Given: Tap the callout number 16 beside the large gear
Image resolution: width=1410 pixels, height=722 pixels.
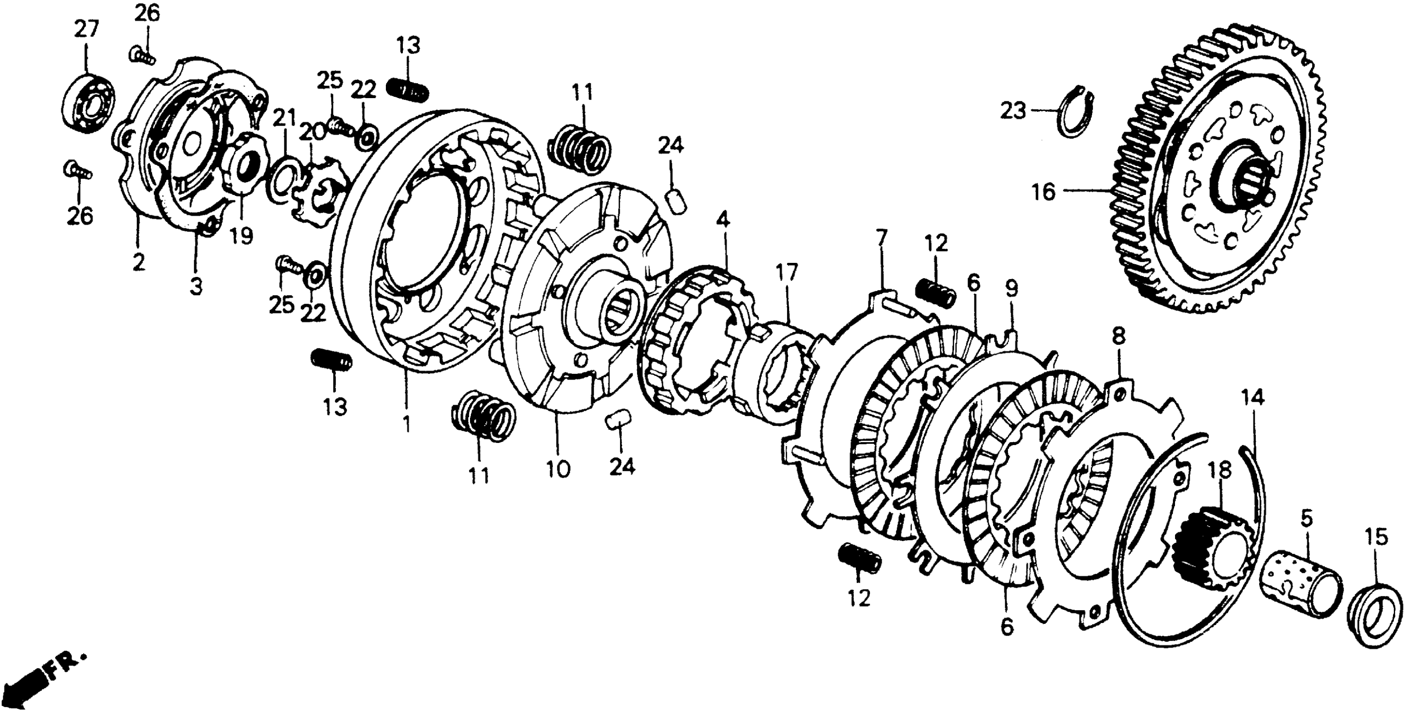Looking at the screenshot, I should coord(1043,192).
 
